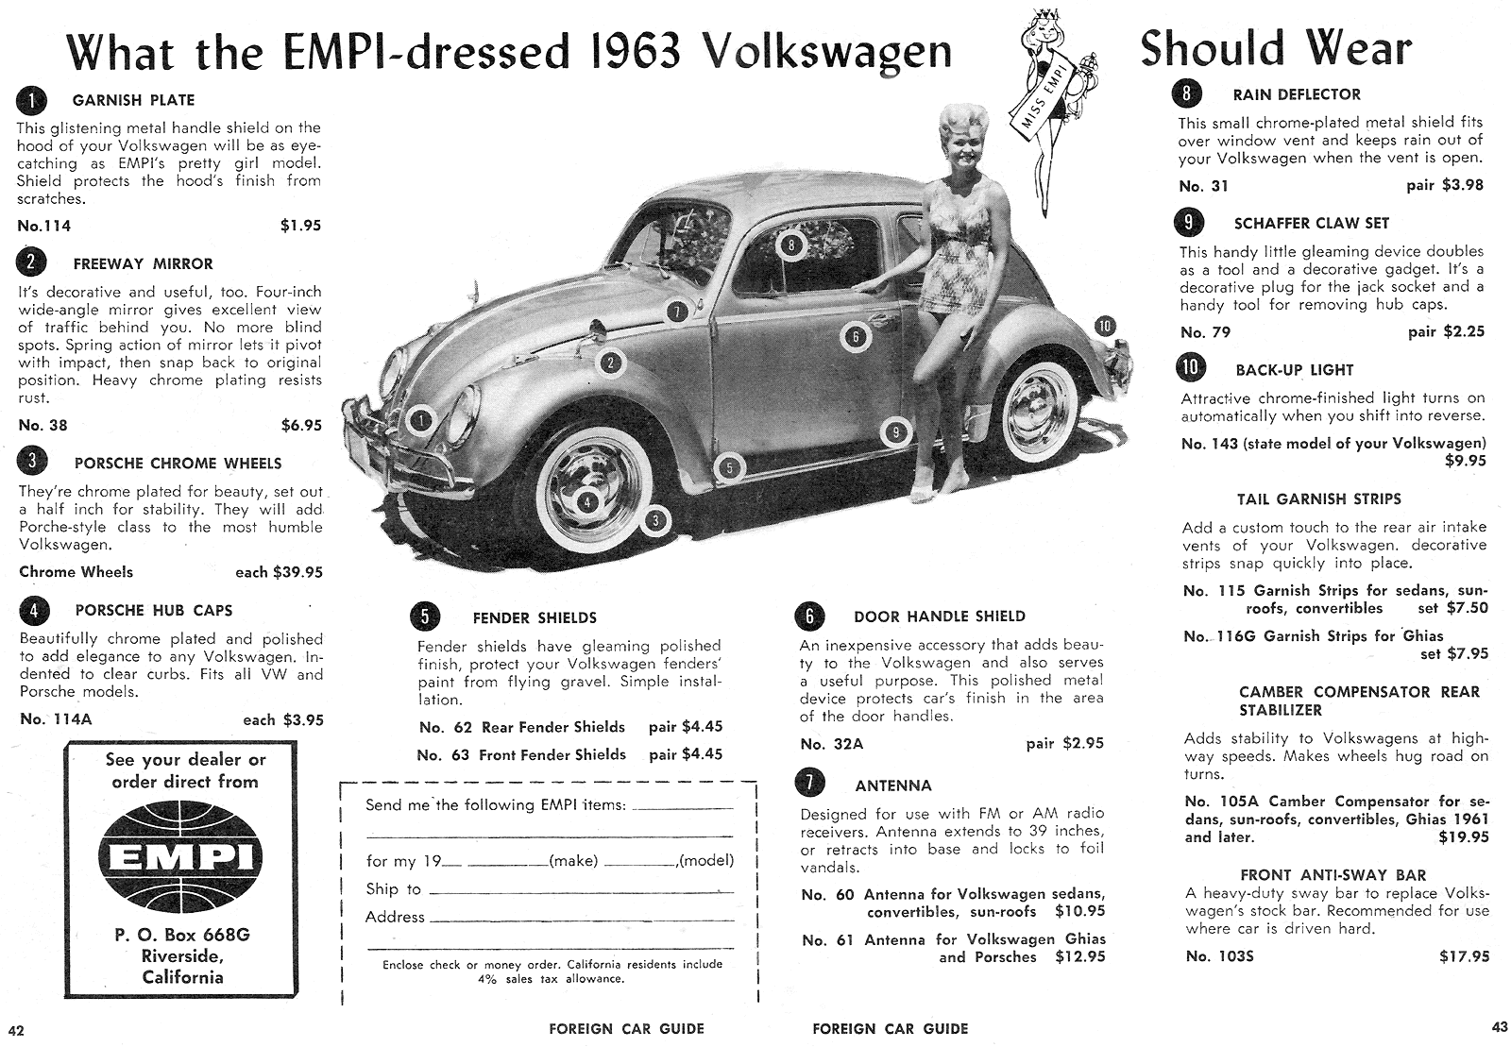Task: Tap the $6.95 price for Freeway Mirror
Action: [x=301, y=426]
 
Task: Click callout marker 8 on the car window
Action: [x=791, y=246]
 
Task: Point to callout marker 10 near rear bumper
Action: [x=1105, y=327]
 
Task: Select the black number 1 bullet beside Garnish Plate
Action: [x=31, y=99]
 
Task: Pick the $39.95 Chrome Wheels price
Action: [x=297, y=572]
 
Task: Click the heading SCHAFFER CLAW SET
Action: [x=1312, y=224]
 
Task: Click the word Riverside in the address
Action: [x=182, y=956]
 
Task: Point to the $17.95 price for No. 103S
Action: [x=1464, y=956]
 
